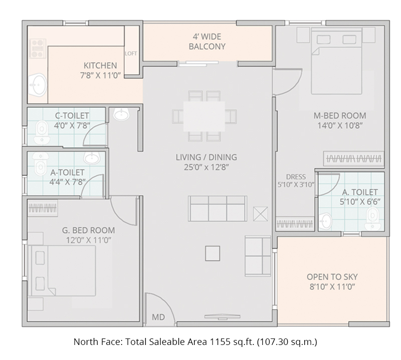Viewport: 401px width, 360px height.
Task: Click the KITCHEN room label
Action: pos(100,66)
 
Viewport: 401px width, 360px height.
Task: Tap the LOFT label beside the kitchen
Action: pos(131,54)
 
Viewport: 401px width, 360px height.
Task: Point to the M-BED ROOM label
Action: pos(340,116)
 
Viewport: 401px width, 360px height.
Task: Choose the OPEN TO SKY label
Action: pos(332,277)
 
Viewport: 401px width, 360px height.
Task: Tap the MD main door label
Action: pos(158,317)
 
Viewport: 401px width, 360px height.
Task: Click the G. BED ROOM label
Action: pos(88,230)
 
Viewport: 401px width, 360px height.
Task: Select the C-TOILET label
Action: pos(72,116)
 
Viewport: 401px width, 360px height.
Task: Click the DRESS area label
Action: pos(296,177)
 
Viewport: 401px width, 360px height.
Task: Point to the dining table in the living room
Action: pos(204,116)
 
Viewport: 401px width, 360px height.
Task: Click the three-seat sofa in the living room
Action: pos(217,208)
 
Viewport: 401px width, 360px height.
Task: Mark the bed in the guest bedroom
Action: pos(63,271)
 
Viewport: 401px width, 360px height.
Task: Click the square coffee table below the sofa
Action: pos(213,254)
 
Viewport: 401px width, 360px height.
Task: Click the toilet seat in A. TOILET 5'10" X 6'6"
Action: pos(372,216)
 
